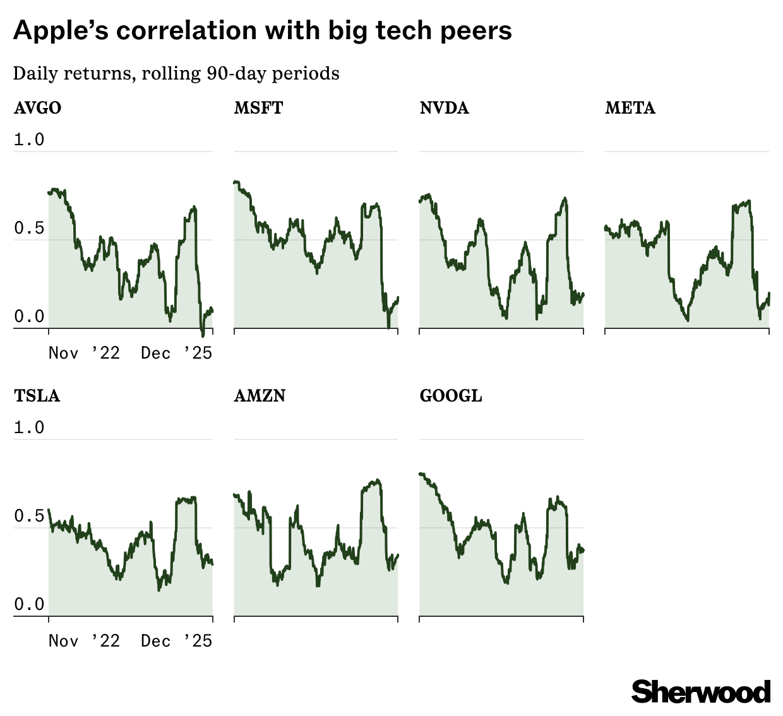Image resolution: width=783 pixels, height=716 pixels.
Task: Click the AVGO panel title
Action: tap(37, 108)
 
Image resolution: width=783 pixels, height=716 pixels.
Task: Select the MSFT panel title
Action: tap(258, 108)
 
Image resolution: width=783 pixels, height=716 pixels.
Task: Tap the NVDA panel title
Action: tap(444, 108)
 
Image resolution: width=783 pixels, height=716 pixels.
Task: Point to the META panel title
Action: tap(630, 108)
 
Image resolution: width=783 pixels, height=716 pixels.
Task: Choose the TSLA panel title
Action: tap(37, 396)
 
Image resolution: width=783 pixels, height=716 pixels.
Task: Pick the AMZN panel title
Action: tap(260, 396)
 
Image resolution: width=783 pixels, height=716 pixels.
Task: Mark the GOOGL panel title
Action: tap(450, 396)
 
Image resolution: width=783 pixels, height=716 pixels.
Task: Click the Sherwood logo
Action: tap(701, 692)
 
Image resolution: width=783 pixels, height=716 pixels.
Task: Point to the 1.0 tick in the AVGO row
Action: tap(29, 140)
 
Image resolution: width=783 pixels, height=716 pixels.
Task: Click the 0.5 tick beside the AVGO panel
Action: tap(29, 228)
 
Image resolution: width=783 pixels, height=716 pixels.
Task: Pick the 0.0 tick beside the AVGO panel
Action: tap(29, 316)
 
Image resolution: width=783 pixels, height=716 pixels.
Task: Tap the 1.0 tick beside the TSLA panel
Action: tap(29, 427)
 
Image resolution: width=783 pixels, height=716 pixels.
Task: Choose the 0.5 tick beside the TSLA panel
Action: tap(29, 516)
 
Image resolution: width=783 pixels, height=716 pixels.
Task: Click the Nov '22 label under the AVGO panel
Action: tap(84, 353)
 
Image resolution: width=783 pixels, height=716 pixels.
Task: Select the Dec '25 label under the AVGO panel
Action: tap(177, 353)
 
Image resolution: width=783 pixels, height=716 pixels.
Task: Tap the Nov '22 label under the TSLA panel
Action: tap(84, 641)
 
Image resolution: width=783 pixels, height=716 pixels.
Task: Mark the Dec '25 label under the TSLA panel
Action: tap(177, 641)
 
